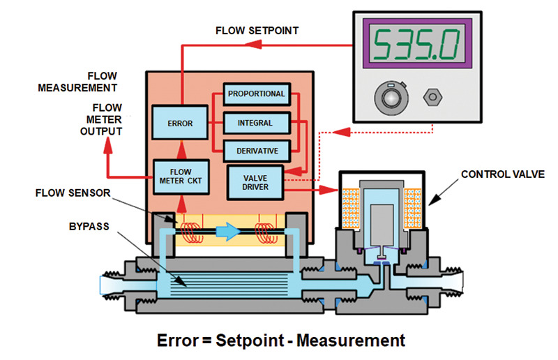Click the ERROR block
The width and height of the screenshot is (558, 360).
180,124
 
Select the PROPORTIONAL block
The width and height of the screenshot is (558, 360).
255,94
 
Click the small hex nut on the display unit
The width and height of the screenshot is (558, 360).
430,95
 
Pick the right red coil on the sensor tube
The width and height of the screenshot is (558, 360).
266,231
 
